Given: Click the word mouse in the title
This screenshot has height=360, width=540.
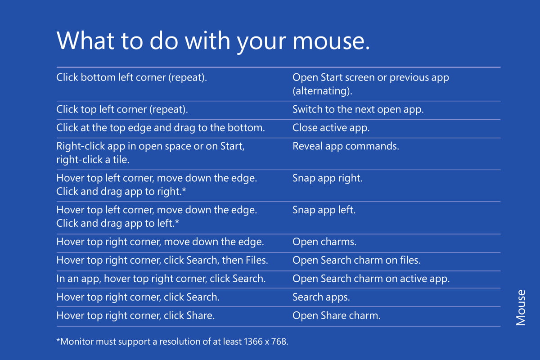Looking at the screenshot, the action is click(331, 41).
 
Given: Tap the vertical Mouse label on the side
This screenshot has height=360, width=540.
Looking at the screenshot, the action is click(521, 308).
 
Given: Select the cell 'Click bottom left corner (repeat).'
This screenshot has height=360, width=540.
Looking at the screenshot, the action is click(131, 78).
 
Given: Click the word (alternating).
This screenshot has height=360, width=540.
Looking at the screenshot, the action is click(322, 91).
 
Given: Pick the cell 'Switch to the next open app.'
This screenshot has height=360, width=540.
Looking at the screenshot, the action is click(358, 109).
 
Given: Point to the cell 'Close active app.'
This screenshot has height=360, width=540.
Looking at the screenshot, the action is click(331, 128).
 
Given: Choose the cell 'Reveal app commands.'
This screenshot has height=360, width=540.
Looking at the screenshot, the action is click(346, 146).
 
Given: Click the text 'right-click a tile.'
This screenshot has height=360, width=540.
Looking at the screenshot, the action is click(93, 160).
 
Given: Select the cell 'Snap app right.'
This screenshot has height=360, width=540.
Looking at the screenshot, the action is click(328, 178).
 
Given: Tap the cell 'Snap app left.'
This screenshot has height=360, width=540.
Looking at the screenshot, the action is click(324, 210).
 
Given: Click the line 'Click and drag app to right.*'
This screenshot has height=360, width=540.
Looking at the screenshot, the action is click(121, 191).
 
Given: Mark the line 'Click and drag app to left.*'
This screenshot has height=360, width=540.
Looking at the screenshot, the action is click(117, 223).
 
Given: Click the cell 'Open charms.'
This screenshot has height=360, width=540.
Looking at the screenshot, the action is click(324, 242).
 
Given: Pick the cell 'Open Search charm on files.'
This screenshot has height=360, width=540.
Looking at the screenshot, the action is click(356, 260).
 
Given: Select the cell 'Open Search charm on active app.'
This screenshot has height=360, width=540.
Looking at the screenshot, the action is click(371, 279).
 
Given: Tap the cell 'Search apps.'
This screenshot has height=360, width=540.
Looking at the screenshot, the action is click(321, 297).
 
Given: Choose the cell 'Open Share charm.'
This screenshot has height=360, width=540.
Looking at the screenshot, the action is click(337, 315).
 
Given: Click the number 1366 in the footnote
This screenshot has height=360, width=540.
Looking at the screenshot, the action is click(253, 342).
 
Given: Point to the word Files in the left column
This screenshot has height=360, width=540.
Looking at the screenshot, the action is click(257, 260).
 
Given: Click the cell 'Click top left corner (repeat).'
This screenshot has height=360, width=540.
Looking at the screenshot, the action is click(122, 109).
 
